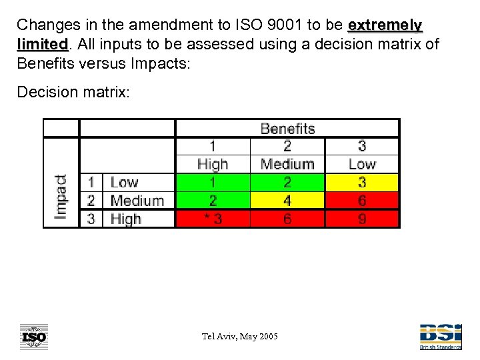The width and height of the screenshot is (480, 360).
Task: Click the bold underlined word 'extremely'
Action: point(385,25)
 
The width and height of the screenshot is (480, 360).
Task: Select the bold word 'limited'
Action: point(42,45)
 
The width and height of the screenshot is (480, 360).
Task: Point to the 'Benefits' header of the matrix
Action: point(287,128)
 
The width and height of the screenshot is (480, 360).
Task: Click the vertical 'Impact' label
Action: point(61,197)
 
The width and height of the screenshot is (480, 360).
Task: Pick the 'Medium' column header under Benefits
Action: point(287,164)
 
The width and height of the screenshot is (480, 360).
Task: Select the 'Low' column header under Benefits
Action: point(362,164)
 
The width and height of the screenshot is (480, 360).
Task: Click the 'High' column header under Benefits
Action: point(213,164)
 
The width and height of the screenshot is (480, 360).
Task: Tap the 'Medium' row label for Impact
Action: point(137,201)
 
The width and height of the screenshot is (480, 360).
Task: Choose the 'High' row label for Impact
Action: point(126,219)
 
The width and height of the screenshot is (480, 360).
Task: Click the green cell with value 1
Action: point(213,183)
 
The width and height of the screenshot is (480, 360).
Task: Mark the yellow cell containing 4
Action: point(287,201)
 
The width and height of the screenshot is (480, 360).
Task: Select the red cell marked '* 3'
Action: point(213,219)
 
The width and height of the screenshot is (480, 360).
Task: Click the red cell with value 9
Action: point(362,219)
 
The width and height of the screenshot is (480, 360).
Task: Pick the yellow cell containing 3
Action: point(362,183)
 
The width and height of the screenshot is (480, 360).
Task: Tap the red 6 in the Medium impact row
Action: point(362,201)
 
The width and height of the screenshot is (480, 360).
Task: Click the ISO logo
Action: point(34,337)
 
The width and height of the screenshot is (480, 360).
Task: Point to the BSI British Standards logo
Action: point(439,337)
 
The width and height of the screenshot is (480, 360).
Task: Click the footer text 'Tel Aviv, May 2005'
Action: point(240,336)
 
